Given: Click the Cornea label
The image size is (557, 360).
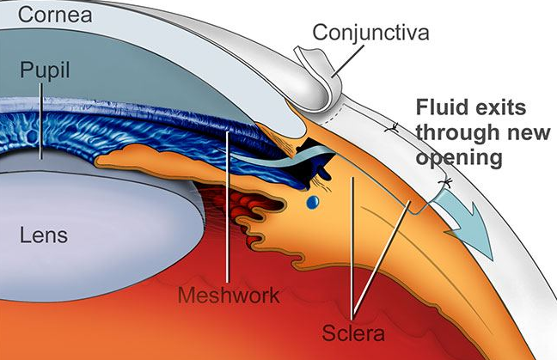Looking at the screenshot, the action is [x=55, y=15].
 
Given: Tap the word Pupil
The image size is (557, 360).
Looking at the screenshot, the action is [x=45, y=70].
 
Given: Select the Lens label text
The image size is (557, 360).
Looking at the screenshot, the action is [x=44, y=235].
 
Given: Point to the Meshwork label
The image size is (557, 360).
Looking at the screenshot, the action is [x=229, y=296].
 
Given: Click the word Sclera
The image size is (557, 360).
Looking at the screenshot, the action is [x=353, y=333].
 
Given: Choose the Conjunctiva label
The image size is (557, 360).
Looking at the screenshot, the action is [x=370, y=33].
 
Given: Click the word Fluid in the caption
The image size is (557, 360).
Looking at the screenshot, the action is [x=440, y=107].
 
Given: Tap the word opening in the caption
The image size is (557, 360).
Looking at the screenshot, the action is [x=459, y=158].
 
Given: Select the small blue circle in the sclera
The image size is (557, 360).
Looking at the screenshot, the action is [x=313, y=203].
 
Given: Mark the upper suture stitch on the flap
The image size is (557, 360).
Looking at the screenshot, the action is [x=392, y=128].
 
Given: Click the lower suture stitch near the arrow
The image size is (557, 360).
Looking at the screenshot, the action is [x=445, y=183].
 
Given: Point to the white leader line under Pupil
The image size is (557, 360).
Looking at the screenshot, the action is [x=41, y=121].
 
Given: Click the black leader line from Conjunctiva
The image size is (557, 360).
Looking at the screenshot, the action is [x=348, y=61].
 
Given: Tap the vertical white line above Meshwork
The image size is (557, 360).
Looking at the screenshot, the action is [x=227, y=207].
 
